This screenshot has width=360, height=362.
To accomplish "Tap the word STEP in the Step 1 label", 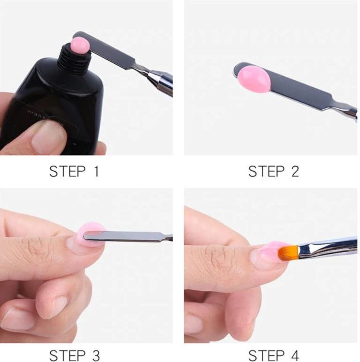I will (67, 171).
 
